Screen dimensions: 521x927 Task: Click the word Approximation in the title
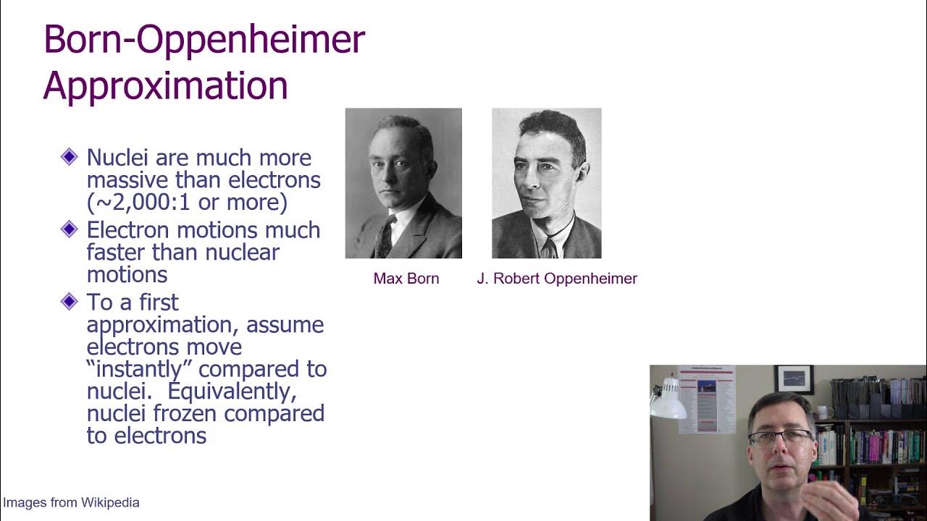(x=165, y=85)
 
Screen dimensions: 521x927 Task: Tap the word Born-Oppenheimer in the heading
(x=204, y=40)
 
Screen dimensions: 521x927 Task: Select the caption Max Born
(x=406, y=279)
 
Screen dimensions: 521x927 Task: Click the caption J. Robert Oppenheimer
(x=557, y=279)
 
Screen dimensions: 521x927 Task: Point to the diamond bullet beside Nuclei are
(x=70, y=156)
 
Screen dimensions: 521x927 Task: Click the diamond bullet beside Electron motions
(x=70, y=229)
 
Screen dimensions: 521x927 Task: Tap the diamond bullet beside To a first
(x=70, y=301)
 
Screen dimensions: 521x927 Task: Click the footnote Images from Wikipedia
(x=71, y=502)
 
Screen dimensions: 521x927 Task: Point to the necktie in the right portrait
(x=550, y=247)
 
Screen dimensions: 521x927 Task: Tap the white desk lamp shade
(x=668, y=406)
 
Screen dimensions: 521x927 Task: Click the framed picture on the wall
(x=794, y=379)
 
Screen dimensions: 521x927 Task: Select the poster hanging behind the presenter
(x=706, y=398)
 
